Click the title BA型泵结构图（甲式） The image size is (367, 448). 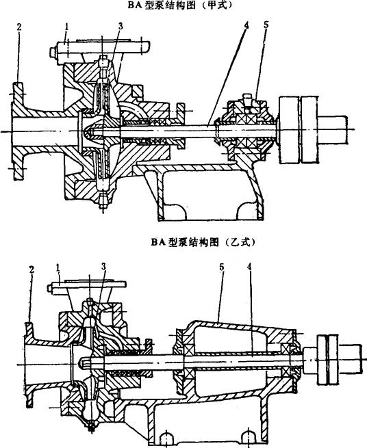(181, 5)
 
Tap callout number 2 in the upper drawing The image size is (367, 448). (19, 27)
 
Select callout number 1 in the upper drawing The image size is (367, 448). (66, 27)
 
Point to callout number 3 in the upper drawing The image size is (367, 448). (121, 26)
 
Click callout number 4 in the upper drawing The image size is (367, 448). (246, 25)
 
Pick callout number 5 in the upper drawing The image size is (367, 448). (266, 25)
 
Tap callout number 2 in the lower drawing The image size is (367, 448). (31, 269)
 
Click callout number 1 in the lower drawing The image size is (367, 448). (58, 268)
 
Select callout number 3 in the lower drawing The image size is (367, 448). (103, 267)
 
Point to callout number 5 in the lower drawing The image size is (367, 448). (221, 267)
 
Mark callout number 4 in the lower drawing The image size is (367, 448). (249, 267)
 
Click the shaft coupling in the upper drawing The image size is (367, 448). (299, 130)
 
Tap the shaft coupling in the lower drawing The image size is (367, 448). (329, 359)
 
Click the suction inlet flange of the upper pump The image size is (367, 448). (18, 131)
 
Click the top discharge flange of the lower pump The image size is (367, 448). (88, 285)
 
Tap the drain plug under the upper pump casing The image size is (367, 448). (103, 201)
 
